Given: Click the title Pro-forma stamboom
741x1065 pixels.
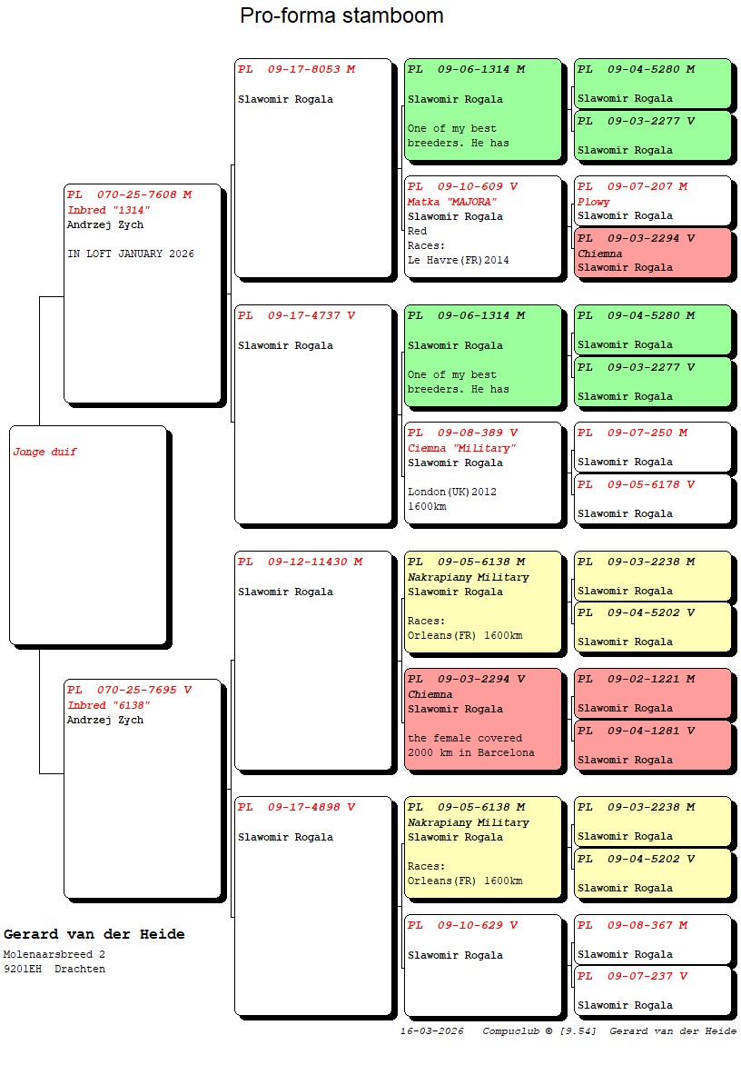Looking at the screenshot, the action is (x=341, y=15).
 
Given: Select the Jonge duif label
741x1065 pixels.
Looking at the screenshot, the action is (x=44, y=452).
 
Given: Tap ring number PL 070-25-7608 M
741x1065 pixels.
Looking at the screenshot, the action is (x=129, y=194).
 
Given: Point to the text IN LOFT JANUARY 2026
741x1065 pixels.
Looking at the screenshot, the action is (x=130, y=254).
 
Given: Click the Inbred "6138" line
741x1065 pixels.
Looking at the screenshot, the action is (x=109, y=705).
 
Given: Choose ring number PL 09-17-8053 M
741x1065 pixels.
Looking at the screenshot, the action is (x=297, y=68).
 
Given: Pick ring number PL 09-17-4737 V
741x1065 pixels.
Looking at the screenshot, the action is (x=297, y=315).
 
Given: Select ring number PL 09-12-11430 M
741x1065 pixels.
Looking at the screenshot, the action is (x=300, y=562).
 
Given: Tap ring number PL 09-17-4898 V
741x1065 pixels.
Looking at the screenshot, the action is (x=297, y=807).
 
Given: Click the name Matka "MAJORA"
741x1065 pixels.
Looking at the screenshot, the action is (x=452, y=202).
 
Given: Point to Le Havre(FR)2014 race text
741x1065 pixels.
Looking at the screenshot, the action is (x=458, y=260).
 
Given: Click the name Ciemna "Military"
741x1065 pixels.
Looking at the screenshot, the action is (x=461, y=448).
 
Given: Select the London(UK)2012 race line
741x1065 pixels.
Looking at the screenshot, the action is (x=452, y=492).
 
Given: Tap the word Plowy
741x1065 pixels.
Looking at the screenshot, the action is (x=594, y=202).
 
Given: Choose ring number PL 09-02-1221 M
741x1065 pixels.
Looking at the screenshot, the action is (x=636, y=679).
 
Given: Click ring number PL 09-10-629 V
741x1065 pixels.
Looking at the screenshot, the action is (x=463, y=925).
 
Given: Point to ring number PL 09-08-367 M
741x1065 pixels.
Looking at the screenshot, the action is (x=632, y=925).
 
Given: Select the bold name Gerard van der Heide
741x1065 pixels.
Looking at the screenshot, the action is (x=94, y=934).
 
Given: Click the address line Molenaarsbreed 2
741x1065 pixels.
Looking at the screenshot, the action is (x=54, y=954).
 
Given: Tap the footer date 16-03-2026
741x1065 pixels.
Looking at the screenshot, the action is (x=431, y=1031).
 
